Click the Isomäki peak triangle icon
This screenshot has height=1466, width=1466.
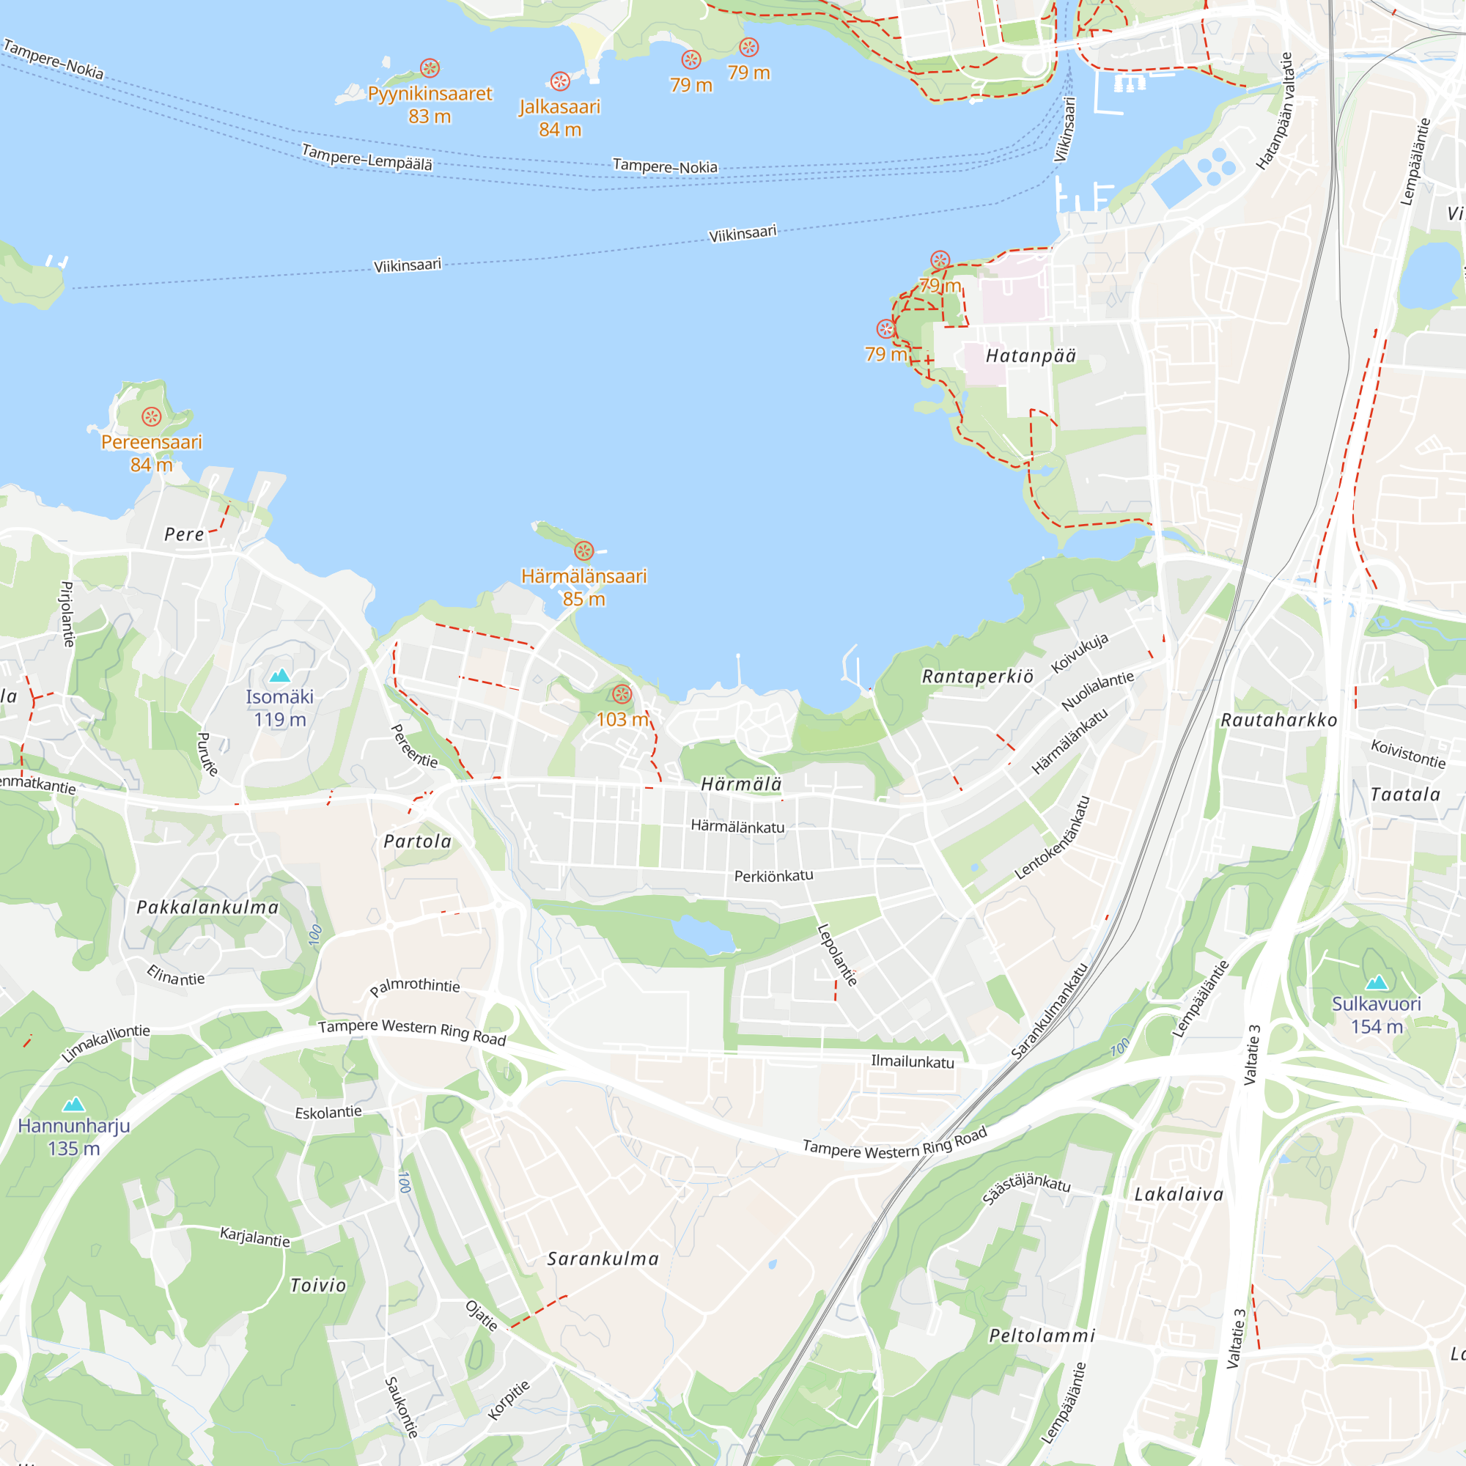click(x=280, y=675)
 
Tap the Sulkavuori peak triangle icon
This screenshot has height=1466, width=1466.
click(x=1377, y=984)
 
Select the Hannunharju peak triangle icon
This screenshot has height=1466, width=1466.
click(x=73, y=1104)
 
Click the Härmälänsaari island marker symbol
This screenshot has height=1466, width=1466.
click(x=583, y=551)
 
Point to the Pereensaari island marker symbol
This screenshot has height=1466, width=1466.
click(x=152, y=416)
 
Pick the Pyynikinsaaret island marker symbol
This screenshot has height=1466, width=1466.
click(x=430, y=68)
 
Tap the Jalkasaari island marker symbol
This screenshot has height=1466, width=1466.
click(x=560, y=81)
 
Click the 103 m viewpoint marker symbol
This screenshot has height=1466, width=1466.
click(x=622, y=693)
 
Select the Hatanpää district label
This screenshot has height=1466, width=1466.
click(x=1031, y=356)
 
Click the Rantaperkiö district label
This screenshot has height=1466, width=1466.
click(x=977, y=676)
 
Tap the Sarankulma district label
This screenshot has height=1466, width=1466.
click(x=603, y=1259)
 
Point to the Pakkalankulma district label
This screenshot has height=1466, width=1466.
click(x=208, y=907)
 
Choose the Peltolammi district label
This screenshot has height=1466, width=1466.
click(x=1042, y=1336)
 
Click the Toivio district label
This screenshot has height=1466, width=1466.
click(x=319, y=1286)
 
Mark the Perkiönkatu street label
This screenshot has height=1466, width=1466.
click(x=773, y=876)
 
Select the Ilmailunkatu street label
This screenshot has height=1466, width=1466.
click(x=912, y=1061)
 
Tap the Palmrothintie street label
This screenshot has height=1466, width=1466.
click(x=415, y=987)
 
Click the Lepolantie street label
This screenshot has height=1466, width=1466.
click(x=837, y=954)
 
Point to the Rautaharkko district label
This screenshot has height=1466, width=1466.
click(x=1278, y=720)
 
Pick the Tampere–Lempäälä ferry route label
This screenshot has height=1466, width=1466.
click(x=367, y=157)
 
